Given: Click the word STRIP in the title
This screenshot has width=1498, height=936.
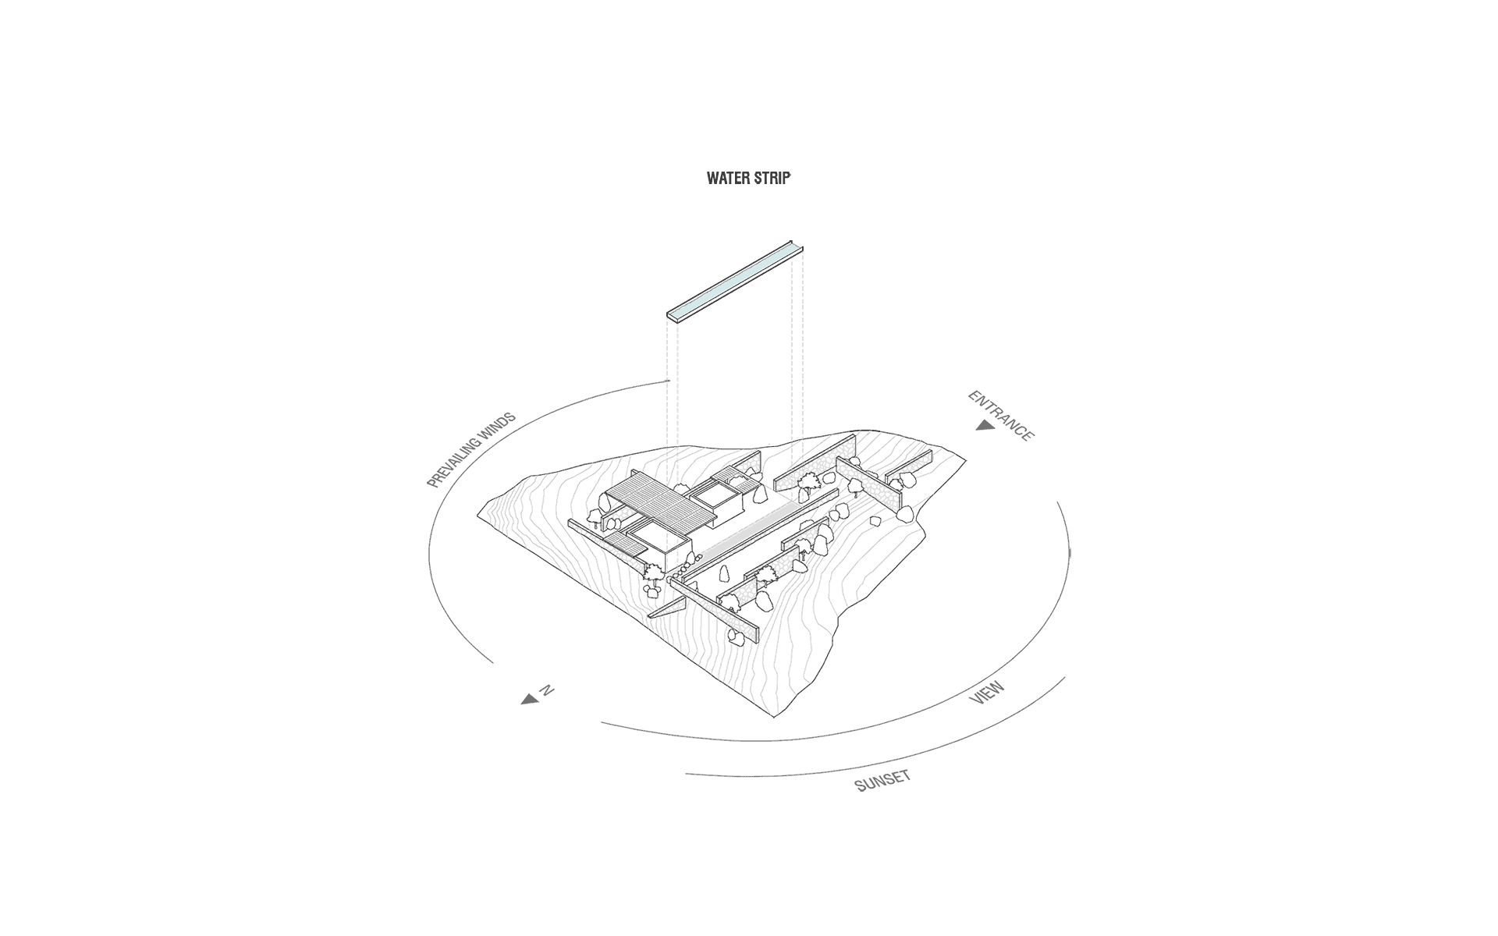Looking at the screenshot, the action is (772, 179).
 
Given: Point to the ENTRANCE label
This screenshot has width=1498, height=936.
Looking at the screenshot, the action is (1001, 416).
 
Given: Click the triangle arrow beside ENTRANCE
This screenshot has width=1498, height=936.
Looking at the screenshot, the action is (984, 425).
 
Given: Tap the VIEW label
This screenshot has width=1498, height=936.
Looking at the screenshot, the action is (987, 693).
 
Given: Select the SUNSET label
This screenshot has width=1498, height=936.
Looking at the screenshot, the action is (883, 781).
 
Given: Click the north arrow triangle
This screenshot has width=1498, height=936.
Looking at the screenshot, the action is (531, 700).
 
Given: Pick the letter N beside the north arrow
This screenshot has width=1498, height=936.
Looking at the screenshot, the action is (547, 690).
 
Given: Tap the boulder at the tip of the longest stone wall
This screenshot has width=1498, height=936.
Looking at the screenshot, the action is (735, 636).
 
